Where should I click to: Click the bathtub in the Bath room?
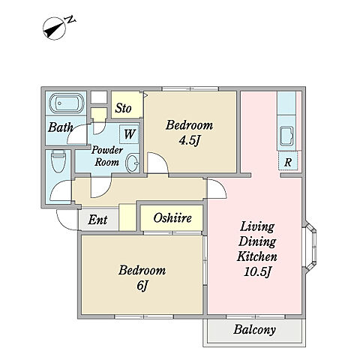tap(66, 103)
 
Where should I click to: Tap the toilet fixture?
tap(58, 161)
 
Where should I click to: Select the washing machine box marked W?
tap(129, 134)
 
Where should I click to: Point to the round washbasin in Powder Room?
tap(132, 163)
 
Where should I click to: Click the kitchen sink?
tap(286, 136)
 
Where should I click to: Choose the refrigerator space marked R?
tap(288, 161)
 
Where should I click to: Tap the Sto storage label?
tap(123, 108)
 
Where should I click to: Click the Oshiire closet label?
tap(172, 218)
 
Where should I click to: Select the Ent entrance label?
tap(97, 220)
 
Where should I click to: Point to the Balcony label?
tap(254, 329)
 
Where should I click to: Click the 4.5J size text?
tap(190, 141)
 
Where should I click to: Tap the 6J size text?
tap(142, 286)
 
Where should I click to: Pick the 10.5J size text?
tap(257, 272)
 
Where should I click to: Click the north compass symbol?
tap(55, 28)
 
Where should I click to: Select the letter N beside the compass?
tap(70, 19)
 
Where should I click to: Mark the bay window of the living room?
tap(310, 247)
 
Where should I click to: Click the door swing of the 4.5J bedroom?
tap(157, 163)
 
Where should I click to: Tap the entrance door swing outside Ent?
tap(67, 220)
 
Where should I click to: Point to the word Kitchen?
tap(257, 256)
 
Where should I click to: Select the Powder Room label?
tap(107, 156)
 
